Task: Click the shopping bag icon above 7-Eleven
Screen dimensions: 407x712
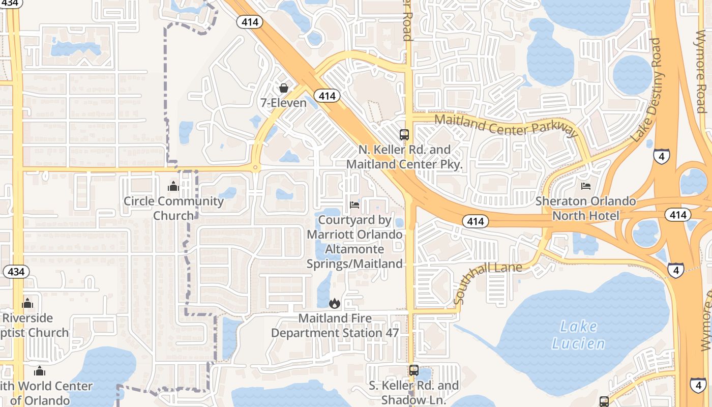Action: (284, 88)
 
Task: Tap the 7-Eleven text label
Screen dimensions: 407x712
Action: (284, 103)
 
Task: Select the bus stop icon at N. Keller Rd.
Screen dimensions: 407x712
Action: (404, 135)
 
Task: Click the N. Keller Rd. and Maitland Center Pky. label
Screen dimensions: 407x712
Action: (404, 157)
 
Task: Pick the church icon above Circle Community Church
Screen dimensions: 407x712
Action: (173, 186)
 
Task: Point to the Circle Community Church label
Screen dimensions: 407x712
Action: (173, 208)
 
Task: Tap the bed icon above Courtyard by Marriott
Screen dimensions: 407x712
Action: (355, 205)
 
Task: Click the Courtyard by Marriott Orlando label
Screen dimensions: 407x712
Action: (355, 242)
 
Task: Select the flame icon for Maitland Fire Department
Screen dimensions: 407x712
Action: (334, 304)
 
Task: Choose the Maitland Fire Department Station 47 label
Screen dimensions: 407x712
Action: (335, 326)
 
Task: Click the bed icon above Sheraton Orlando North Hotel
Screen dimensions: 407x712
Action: (586, 186)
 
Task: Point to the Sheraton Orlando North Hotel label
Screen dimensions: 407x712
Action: (586, 208)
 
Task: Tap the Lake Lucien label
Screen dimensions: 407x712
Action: (579, 334)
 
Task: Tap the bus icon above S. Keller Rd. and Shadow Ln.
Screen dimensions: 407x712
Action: (414, 370)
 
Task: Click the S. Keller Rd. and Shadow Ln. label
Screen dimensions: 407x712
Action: (413, 392)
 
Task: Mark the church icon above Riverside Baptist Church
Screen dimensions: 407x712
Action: (27, 304)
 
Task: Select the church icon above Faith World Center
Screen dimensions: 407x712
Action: (40, 371)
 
